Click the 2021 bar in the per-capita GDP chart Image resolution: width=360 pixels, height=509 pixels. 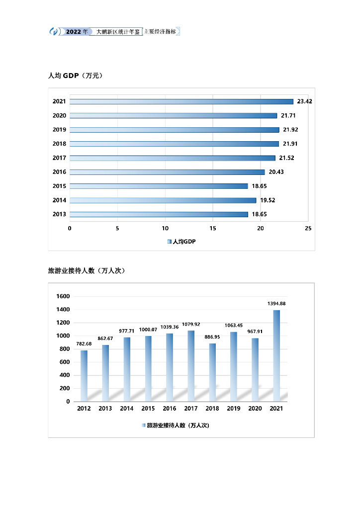click(181, 101)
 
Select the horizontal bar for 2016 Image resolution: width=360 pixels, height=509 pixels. click(167, 172)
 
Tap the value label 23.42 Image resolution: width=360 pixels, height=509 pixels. click(304, 101)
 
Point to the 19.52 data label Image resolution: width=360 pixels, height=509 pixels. click(268, 200)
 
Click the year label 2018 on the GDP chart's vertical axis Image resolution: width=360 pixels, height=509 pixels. click(59, 144)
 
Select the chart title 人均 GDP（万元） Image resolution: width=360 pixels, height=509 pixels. click(75, 76)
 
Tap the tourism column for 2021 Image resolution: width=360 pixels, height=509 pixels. click(276, 355)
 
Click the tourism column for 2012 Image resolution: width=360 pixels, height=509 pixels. click(84, 376)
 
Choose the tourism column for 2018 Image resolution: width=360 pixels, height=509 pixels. click(212, 372)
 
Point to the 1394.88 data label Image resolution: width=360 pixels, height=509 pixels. click(276, 303)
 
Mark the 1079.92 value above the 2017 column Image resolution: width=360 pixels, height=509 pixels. click(191, 324)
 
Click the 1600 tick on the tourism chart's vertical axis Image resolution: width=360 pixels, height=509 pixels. click(64, 296)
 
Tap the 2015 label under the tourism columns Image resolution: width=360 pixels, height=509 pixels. click(148, 409)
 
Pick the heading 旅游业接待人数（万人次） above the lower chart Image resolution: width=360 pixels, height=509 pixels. click(86, 271)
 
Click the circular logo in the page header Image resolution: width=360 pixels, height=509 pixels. click(54, 31)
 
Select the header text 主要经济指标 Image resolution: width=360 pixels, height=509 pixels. click(160, 31)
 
